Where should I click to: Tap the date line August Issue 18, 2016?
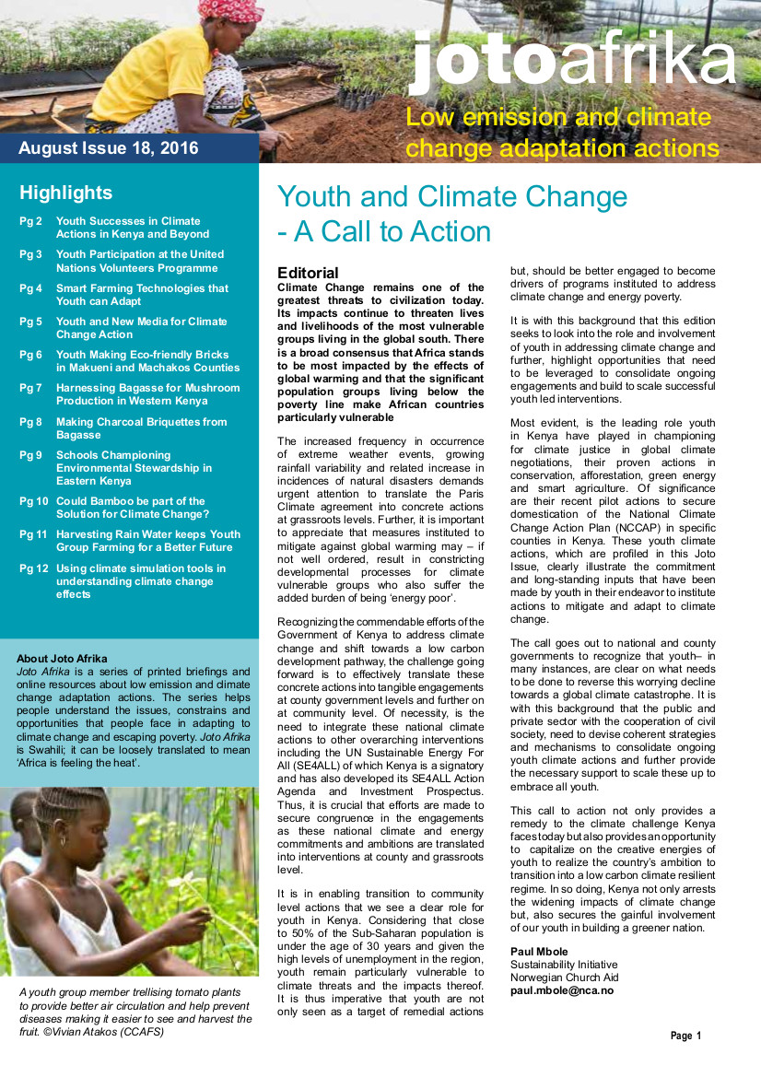[109, 148]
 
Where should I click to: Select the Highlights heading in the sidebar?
[66, 193]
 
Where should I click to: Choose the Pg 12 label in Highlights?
[33, 568]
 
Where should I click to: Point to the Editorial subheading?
[308, 273]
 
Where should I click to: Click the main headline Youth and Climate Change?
[452, 196]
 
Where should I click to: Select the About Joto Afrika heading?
[62, 659]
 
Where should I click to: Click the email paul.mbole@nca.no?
[562, 990]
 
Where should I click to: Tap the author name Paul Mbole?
[540, 952]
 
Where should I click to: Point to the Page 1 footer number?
[685, 1036]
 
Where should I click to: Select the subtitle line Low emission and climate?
[558, 118]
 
